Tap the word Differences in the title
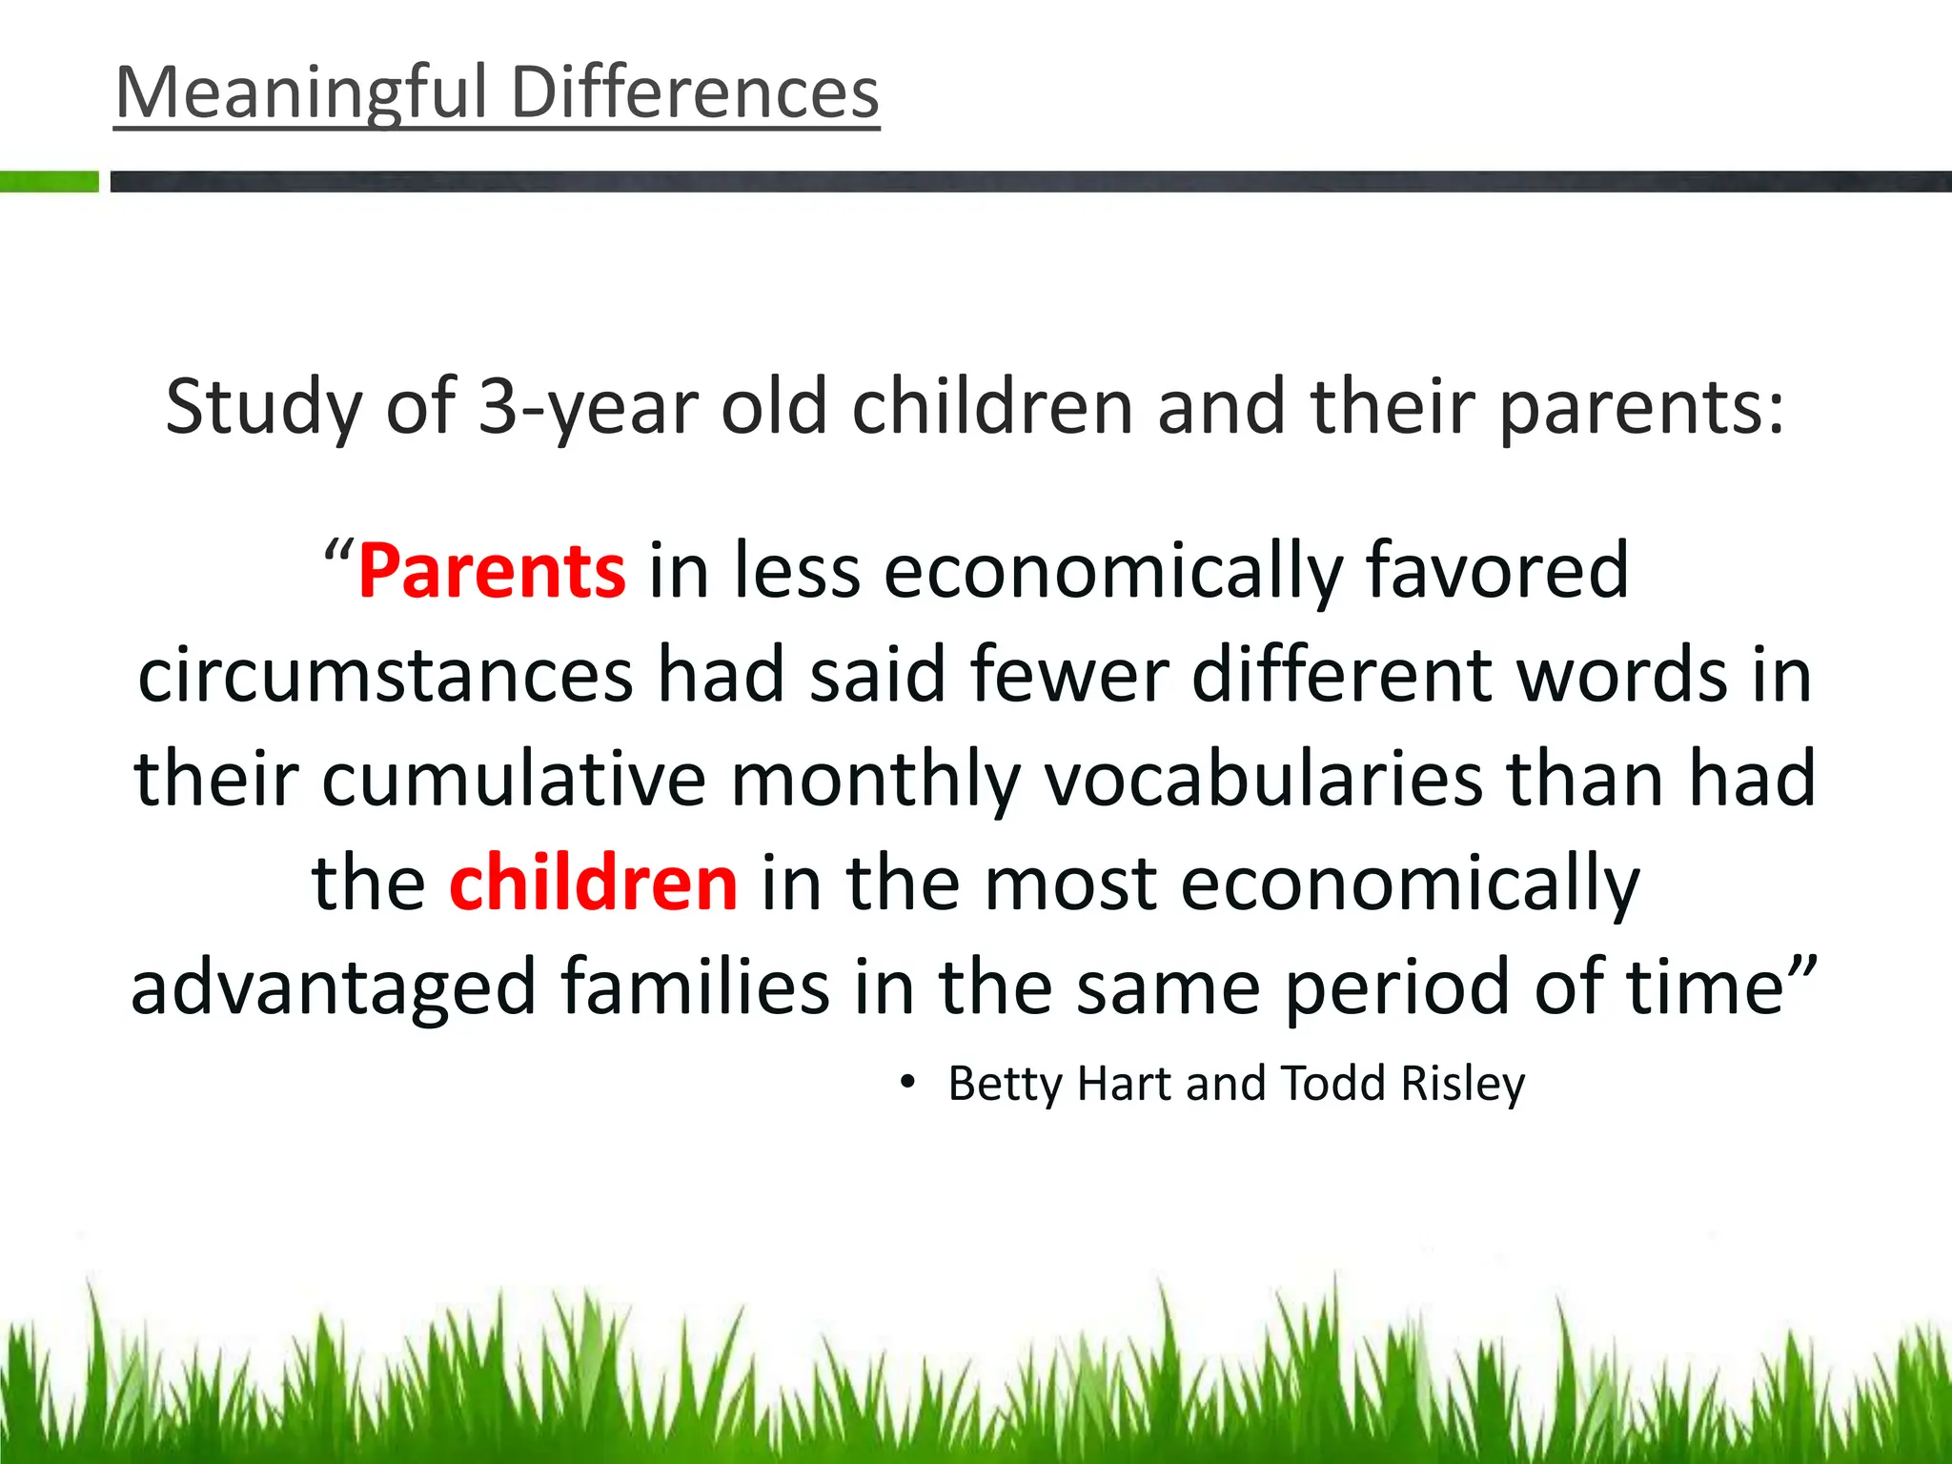pos(695,93)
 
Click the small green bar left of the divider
pos(50,181)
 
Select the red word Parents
pos(492,571)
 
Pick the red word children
pos(593,883)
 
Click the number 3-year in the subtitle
pos(587,408)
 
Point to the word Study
pos(263,408)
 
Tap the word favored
pos(1496,571)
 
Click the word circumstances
pos(385,675)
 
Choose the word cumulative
pos(514,779)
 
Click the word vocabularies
pos(1264,779)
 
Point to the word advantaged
pos(334,987)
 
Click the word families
pos(695,987)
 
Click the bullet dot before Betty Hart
pos(907,1083)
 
